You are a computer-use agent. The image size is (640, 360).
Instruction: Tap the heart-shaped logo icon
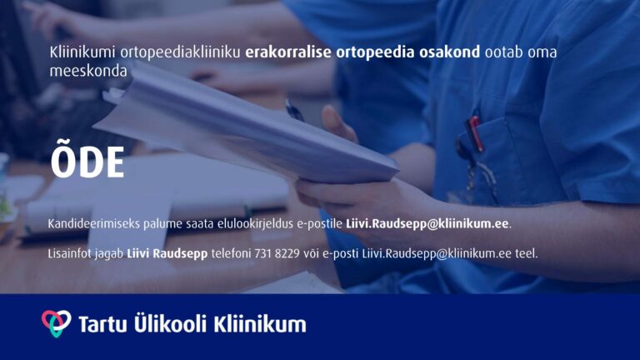57,323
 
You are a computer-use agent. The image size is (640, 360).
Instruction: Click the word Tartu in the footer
103,324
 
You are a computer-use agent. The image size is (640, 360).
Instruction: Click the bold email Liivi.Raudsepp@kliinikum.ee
427,223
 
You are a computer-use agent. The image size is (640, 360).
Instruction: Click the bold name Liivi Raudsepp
167,254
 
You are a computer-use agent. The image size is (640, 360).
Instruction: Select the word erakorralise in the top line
288,52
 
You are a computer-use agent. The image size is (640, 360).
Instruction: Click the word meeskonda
88,71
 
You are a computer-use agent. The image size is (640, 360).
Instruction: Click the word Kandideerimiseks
94,223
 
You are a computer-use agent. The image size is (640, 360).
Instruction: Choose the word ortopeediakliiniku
180,52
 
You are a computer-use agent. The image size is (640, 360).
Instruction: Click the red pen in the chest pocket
475,132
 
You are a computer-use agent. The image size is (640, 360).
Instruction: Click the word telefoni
231,253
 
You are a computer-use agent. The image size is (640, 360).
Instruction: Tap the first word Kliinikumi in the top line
82,52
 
